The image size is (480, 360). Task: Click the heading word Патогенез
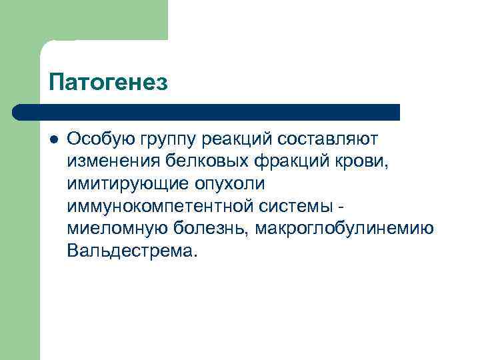pyautogui.click(x=108, y=83)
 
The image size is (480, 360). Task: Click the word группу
pyautogui.click(x=167, y=140)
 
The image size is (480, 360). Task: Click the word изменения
pyautogui.click(x=112, y=161)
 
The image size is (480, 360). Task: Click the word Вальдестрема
pyautogui.click(x=133, y=252)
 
